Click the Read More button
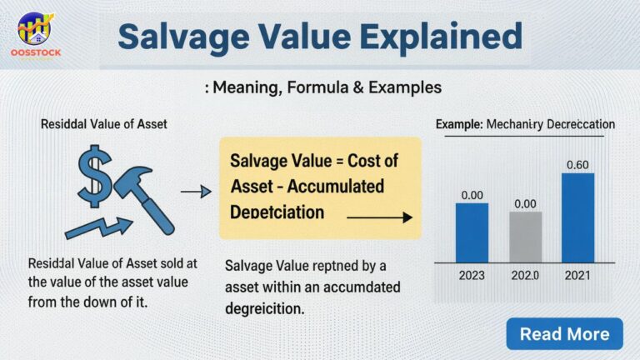click(564, 333)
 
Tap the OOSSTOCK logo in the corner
click(34, 33)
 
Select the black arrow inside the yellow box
click(379, 217)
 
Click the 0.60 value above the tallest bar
click(577, 165)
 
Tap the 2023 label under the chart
click(472, 273)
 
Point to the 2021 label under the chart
click(577, 273)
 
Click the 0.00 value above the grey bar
click(525, 203)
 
